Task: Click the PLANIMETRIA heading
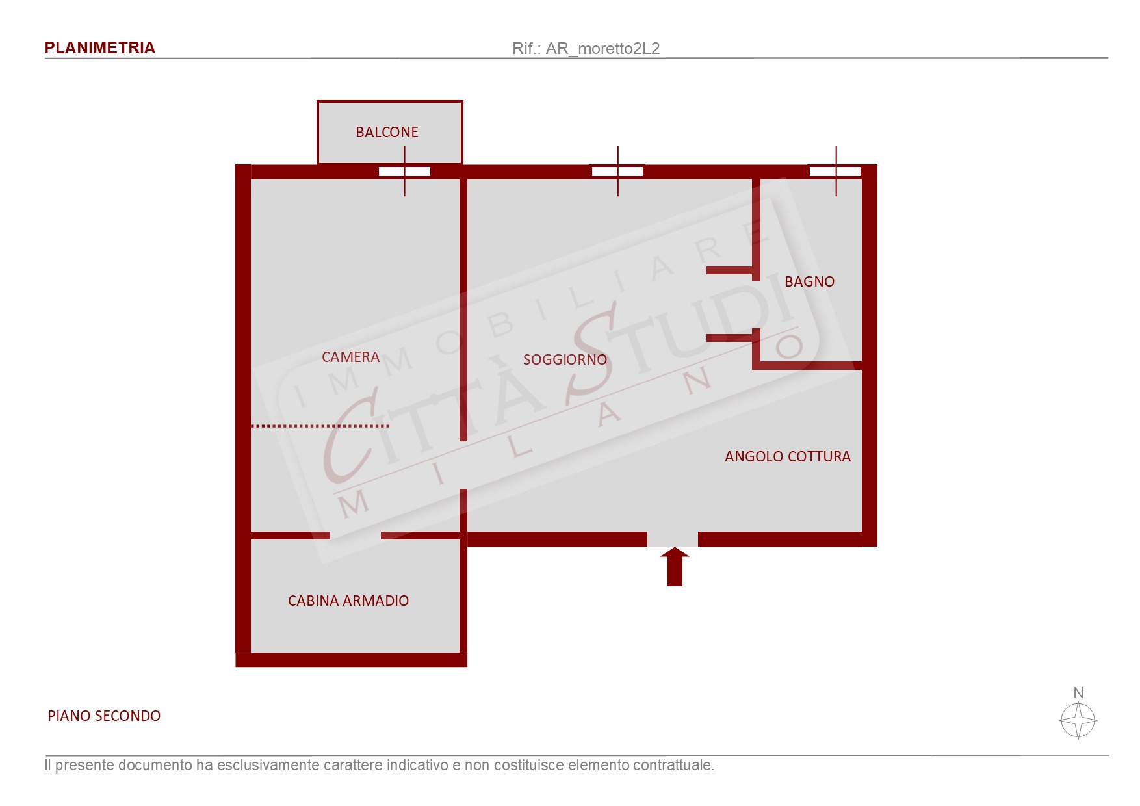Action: pos(99,48)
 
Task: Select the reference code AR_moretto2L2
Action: pos(602,49)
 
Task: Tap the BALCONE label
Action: pos(387,132)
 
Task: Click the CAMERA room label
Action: pos(350,357)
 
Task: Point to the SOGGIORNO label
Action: pos(565,359)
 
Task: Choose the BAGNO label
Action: pos(809,281)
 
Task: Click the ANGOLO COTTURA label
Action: pos(788,456)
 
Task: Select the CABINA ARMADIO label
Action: pos(348,601)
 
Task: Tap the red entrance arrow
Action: pos(675,567)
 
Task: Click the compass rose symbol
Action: pos(1078,721)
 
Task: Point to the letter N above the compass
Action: pos(1078,693)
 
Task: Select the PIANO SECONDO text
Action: pos(104,716)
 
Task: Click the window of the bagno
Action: pos(835,172)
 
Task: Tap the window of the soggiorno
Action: pos(617,172)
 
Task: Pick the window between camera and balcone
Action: pos(404,172)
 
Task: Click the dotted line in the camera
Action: pos(320,426)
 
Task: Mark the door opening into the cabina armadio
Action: pos(356,536)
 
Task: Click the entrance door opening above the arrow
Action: pos(673,539)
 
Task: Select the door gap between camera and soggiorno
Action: pos(463,465)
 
